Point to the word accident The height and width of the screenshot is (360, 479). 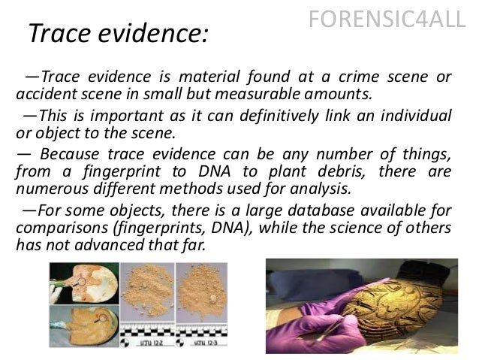pos(42,95)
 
